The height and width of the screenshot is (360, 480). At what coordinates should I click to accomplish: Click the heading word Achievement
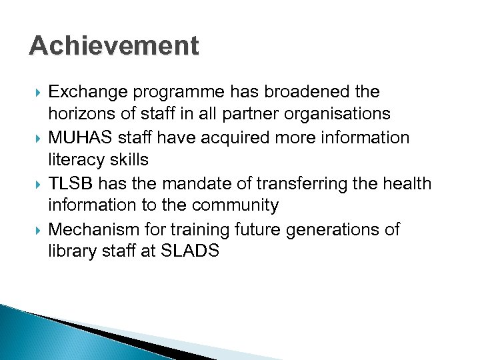114,46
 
